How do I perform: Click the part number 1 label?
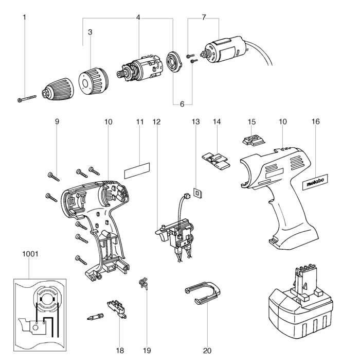coord(24,18)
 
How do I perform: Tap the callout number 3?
coord(90,32)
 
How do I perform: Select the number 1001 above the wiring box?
coord(30,254)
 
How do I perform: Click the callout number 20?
coord(207,351)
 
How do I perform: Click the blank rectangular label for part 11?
coord(136,168)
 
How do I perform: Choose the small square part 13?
coord(195,193)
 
